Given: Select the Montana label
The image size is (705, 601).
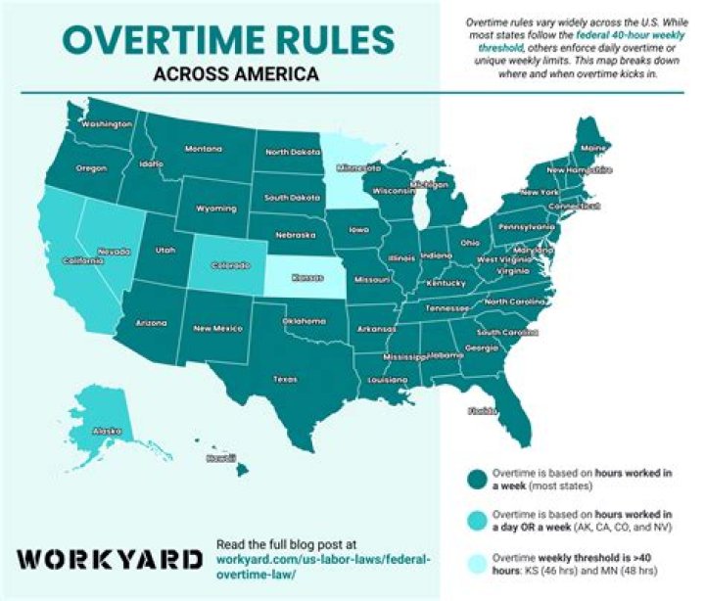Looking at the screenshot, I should pos(204,149).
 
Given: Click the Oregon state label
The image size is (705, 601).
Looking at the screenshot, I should pos(92,168).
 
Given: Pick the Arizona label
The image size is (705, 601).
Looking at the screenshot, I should pos(151,321).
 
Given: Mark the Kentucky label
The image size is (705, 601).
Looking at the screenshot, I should pos(446,283).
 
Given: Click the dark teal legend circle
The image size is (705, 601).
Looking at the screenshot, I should pos(476,479).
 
